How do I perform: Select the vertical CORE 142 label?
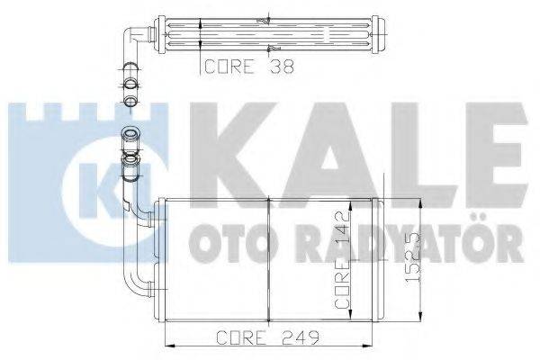point(342,262)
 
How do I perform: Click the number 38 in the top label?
point(274,66)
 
